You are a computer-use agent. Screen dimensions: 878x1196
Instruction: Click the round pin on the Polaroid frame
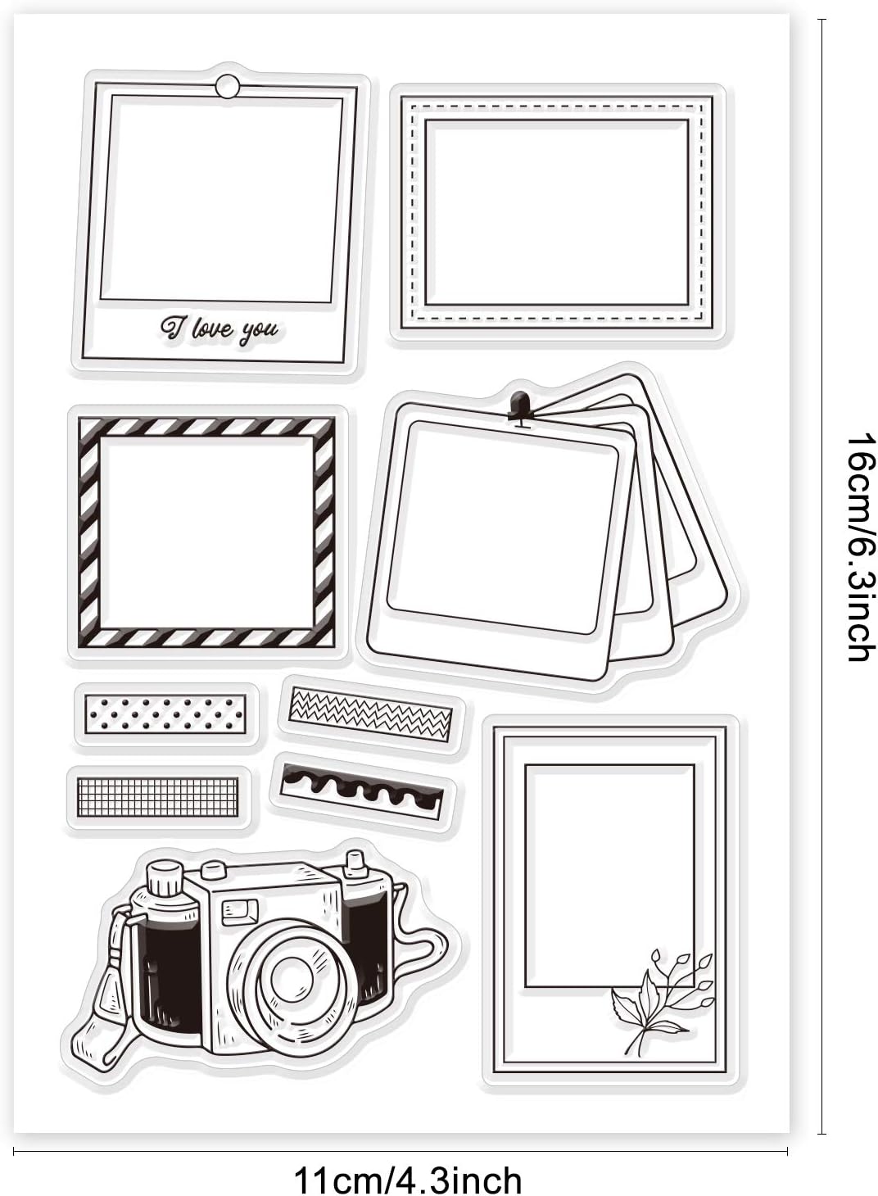tap(228, 86)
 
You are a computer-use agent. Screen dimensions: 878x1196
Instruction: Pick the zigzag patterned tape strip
tap(370, 715)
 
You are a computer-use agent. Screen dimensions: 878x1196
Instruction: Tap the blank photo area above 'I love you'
tap(221, 197)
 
